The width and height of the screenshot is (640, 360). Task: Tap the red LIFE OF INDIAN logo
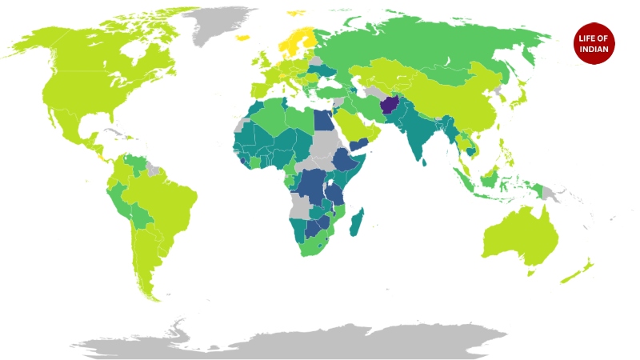pyautogui.click(x=593, y=43)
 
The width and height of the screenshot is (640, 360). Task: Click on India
pyautogui.click(x=418, y=132)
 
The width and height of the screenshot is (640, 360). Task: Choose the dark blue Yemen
pyautogui.click(x=359, y=145)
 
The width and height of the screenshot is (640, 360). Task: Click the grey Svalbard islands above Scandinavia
pyautogui.click(x=297, y=12)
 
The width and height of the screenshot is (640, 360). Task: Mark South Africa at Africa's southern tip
pyautogui.click(x=314, y=244)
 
